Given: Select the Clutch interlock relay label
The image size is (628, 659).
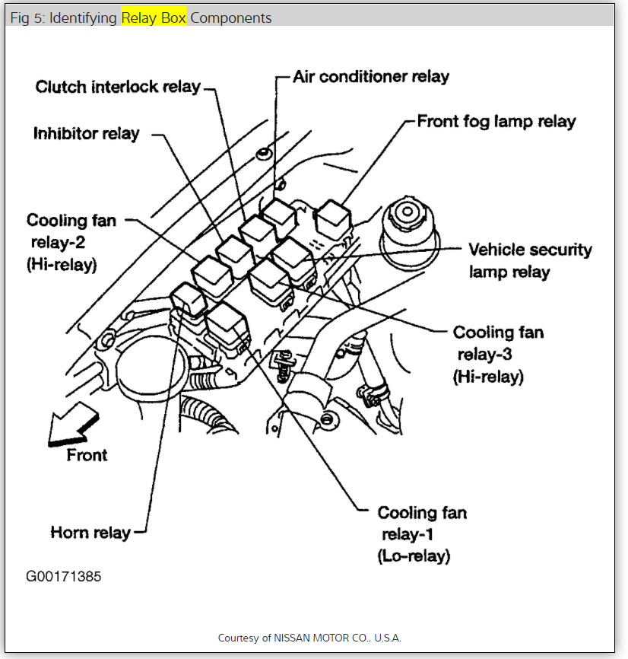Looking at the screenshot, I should pyautogui.click(x=118, y=87).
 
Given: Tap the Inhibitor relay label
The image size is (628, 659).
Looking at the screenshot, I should pyautogui.click(x=87, y=134).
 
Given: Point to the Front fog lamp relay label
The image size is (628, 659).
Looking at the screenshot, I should pyautogui.click(x=496, y=122).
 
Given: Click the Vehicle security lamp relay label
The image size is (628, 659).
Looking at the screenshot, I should pyautogui.click(x=529, y=260).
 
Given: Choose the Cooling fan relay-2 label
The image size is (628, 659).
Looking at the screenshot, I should pyautogui.click(x=71, y=243).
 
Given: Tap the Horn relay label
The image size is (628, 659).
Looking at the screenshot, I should pyautogui.click(x=90, y=532).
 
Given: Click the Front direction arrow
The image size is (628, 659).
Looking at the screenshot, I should pyautogui.click(x=73, y=426).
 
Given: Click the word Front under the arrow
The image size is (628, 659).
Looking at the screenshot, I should pyautogui.click(x=87, y=455).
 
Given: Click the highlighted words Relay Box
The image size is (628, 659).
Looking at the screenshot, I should pyautogui.click(x=154, y=18).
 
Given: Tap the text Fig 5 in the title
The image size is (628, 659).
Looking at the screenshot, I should pyautogui.click(x=26, y=18).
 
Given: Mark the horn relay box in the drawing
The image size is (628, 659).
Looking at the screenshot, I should pyautogui.click(x=187, y=298).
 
